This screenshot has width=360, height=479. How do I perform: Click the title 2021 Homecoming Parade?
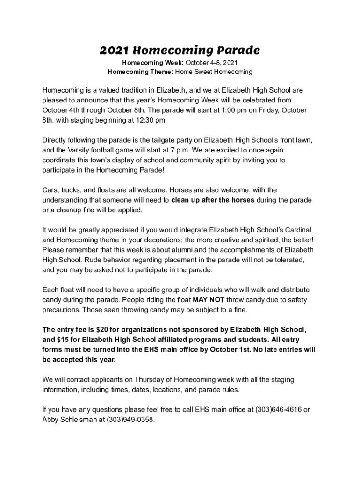180,50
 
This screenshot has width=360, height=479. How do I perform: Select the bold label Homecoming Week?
153,63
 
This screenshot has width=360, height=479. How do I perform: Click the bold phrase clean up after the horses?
213,200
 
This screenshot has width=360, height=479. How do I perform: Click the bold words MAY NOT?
208,299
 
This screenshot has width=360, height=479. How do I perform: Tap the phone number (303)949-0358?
130,420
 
